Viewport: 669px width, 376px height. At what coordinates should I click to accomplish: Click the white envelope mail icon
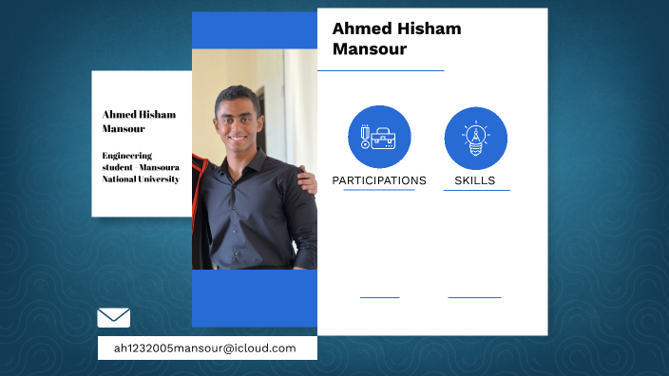(114, 317)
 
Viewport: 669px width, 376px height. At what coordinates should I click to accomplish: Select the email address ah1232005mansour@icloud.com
(204, 348)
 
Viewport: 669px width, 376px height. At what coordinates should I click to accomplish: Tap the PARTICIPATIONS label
(379, 180)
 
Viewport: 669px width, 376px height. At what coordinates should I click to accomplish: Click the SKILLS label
(475, 180)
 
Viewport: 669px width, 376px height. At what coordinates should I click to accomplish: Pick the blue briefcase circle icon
(379, 137)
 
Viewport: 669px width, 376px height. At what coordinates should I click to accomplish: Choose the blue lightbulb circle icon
(475, 138)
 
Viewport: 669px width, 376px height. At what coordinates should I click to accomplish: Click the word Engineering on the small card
(127, 155)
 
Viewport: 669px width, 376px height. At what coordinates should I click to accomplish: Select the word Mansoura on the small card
(160, 167)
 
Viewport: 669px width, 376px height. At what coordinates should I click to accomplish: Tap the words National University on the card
(141, 179)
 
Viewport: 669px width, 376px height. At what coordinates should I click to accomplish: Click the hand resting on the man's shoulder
(306, 179)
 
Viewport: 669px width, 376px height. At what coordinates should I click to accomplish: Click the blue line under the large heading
(380, 70)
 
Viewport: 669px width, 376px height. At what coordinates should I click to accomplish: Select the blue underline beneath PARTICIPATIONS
(379, 190)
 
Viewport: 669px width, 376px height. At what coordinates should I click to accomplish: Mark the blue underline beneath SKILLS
(476, 190)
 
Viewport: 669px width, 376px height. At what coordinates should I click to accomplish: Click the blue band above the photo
(254, 29)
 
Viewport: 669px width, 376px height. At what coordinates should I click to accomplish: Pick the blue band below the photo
(254, 298)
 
